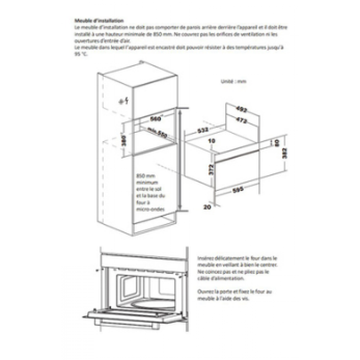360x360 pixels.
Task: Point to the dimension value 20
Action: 206,208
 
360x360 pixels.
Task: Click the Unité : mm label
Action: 234,81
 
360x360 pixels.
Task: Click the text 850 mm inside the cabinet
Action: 142,176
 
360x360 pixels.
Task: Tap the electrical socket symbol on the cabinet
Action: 123,102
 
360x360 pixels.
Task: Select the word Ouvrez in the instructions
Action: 206,292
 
